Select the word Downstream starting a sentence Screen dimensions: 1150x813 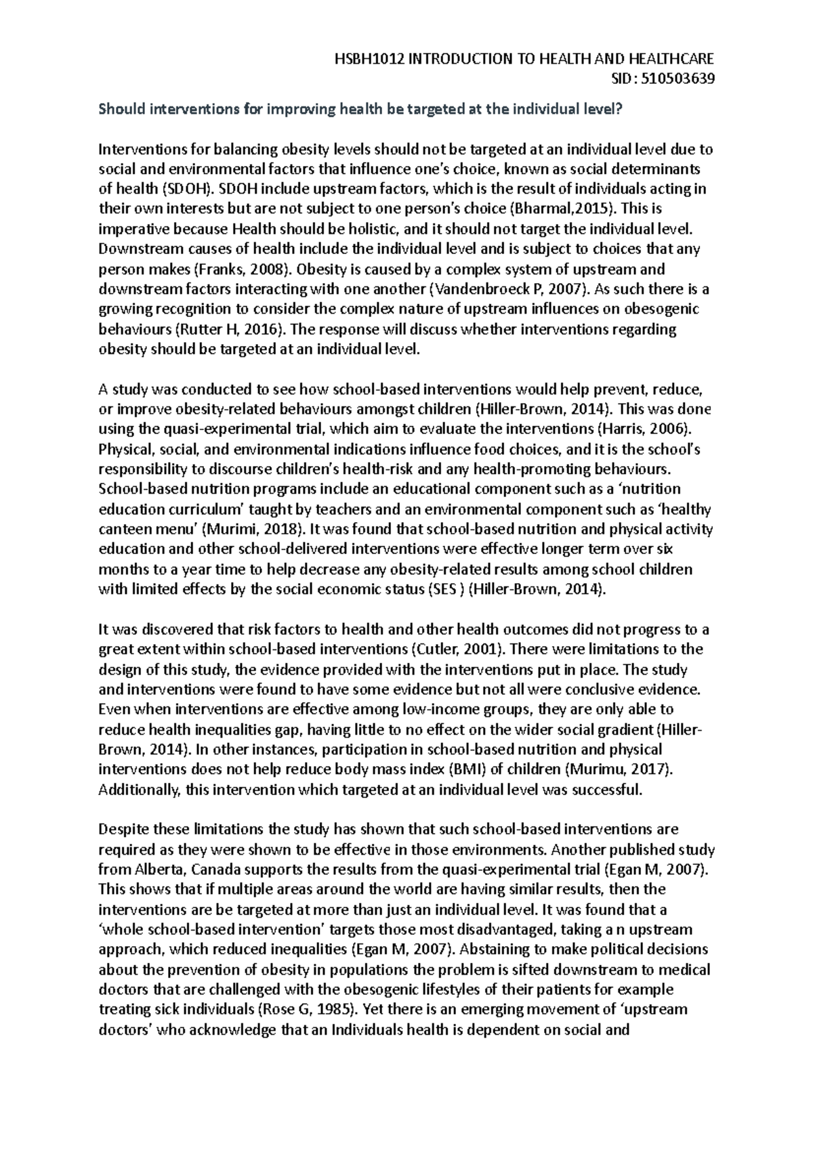(x=131, y=249)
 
